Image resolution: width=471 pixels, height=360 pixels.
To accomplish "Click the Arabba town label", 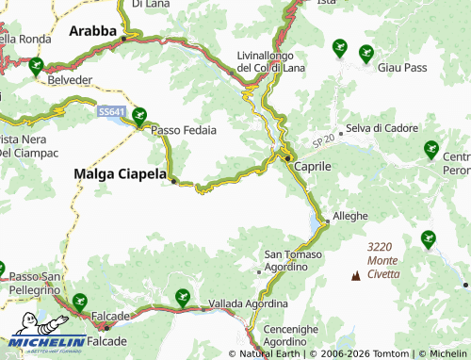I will click(91, 31).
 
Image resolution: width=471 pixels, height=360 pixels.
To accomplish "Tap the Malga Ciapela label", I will click(120, 173).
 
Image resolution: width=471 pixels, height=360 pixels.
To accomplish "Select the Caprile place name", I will click(313, 165).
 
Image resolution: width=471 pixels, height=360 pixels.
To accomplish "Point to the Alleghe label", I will click(349, 216).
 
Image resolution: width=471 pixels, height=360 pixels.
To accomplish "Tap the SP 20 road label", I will click(323, 139).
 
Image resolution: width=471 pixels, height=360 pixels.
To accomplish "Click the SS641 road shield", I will click(110, 111).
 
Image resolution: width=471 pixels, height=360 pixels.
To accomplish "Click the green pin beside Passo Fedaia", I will click(139, 116).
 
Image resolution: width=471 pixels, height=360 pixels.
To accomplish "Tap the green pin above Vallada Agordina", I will click(182, 298).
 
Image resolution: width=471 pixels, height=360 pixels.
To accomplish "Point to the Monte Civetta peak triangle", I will click(356, 276).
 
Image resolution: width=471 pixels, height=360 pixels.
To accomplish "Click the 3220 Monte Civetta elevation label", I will click(383, 259).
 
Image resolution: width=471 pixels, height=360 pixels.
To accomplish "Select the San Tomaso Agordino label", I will click(293, 261).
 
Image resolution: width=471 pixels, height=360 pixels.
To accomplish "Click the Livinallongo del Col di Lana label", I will click(270, 61).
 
